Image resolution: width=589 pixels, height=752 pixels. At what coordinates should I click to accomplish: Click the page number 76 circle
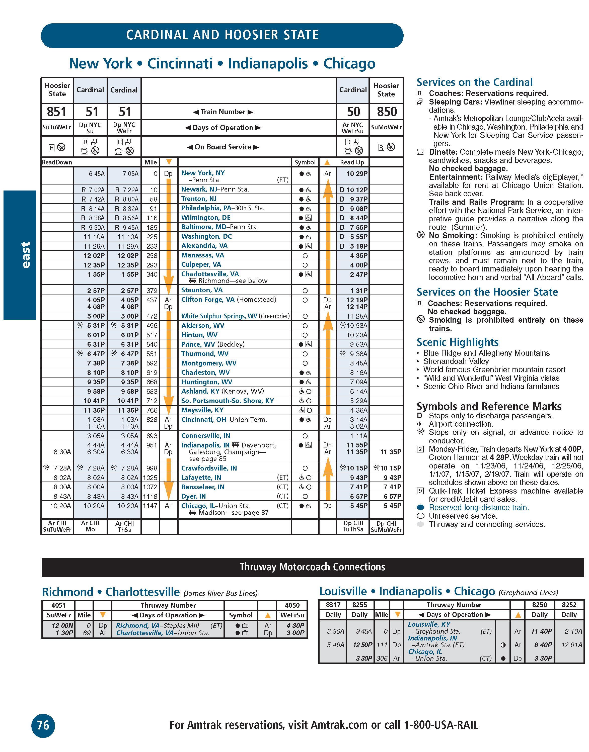coord(43,725)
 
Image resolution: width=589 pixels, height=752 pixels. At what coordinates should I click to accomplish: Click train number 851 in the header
coord(57,112)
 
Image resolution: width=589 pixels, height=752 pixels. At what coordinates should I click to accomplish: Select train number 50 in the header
coord(353,112)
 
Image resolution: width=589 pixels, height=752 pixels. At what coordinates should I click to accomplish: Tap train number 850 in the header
coord(387,112)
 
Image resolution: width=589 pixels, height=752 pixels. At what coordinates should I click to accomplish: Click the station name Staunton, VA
coord(202,290)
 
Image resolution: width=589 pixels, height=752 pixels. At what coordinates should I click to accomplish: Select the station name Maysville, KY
coord(202,410)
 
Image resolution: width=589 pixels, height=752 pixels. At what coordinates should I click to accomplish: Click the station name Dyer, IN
coord(193,496)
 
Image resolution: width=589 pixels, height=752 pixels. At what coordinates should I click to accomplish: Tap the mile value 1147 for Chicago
coord(150,506)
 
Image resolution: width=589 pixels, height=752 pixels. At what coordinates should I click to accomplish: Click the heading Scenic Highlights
coord(457,342)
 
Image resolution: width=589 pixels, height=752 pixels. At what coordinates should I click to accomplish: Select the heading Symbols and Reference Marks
coord(489,406)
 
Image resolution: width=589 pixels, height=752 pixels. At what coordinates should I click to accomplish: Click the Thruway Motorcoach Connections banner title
coord(312,567)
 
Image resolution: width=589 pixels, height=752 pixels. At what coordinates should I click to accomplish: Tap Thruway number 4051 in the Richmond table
coord(58,605)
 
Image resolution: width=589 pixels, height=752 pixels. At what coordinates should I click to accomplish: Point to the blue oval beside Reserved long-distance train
coord(420,508)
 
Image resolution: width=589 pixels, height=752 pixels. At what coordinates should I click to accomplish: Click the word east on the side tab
coord(26,255)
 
